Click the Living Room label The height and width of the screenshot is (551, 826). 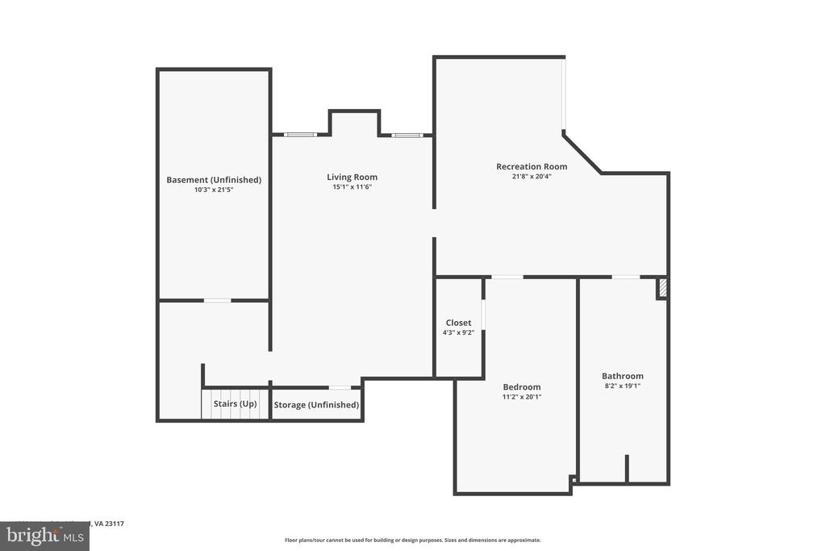(352, 177)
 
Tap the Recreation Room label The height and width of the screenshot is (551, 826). (532, 167)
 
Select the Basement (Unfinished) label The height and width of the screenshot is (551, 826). (214, 180)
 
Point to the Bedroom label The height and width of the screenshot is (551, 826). (522, 387)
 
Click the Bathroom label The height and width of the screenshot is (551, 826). (623, 376)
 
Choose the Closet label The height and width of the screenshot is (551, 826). (458, 323)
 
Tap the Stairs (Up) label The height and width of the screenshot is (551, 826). (236, 403)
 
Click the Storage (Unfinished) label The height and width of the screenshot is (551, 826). (316, 405)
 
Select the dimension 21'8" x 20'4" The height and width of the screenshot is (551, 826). (532, 177)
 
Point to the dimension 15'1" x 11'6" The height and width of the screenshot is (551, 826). (352, 187)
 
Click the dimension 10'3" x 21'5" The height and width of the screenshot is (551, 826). (214, 190)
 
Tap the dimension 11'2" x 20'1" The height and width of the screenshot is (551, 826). (522, 397)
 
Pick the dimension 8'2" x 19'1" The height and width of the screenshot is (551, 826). (623, 386)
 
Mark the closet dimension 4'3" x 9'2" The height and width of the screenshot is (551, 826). (458, 332)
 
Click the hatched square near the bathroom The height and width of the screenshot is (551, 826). (662, 288)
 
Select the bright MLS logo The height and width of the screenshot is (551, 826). (44, 536)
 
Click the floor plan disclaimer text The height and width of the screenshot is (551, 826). (412, 541)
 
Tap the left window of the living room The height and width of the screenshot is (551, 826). (301, 135)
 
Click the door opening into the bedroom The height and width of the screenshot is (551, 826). (507, 278)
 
